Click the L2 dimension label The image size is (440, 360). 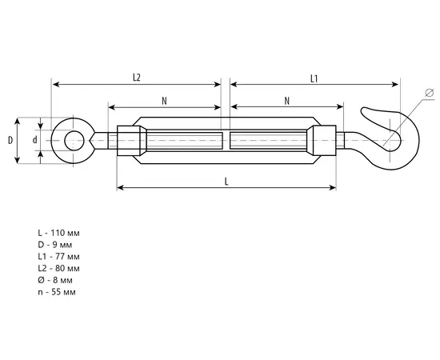pos(136,78)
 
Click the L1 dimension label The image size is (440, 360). pos(314,79)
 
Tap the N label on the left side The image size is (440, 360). pos(164,101)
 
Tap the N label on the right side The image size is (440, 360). pos(286,101)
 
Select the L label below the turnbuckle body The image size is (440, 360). pos(226,182)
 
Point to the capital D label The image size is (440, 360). pos(10,140)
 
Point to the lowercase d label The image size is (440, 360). pos(34,139)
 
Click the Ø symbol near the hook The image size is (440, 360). pos(430,92)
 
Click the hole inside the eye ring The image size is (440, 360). pos(74,140)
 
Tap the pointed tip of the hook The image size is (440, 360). pos(362,110)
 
